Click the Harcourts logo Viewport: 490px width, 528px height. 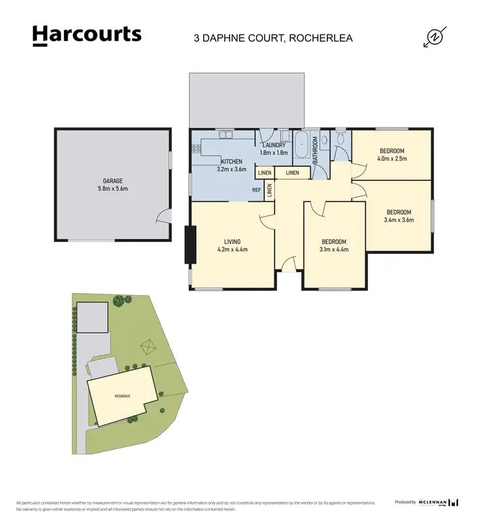pyautogui.click(x=87, y=35)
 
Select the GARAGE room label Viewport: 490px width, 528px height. pyautogui.click(x=112, y=181)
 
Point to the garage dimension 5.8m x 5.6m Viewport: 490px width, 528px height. pyautogui.click(x=112, y=189)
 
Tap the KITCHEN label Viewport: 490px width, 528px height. pyautogui.click(x=231, y=161)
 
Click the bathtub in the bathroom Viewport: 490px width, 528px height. pyautogui.click(x=302, y=146)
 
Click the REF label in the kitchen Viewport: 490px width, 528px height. pyautogui.click(x=257, y=190)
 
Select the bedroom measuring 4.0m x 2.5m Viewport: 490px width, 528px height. pyautogui.click(x=392, y=155)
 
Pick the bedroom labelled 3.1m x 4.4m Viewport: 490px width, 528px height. pyautogui.click(x=333, y=245)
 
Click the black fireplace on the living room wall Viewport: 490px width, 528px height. pyautogui.click(x=190, y=245)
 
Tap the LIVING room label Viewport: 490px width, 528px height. pyautogui.click(x=232, y=241)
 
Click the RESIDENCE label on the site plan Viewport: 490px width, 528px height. pyautogui.click(x=122, y=396)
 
